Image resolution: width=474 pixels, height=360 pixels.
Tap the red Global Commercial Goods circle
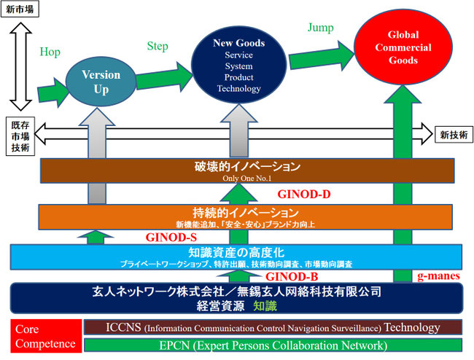tap(409, 48)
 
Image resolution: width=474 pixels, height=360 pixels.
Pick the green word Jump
tap(321, 28)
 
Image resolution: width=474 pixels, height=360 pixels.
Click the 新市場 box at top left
tap(20, 9)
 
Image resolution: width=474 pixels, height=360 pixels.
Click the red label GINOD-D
tap(305, 195)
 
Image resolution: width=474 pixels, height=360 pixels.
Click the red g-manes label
tap(436, 277)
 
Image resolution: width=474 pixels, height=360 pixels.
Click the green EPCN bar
tap(273, 345)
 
